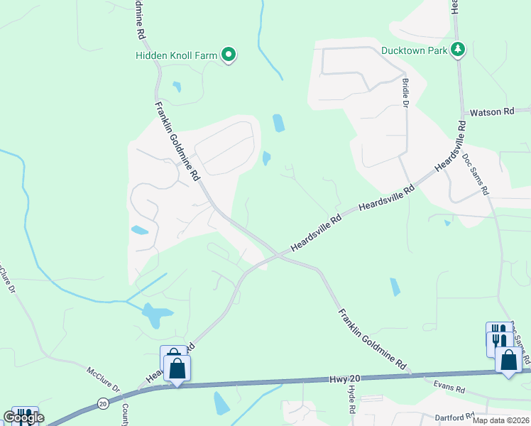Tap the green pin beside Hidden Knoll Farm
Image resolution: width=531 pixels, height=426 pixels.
[229, 54]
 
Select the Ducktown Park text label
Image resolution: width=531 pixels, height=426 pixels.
[415, 50]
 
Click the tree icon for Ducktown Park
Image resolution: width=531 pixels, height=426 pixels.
[459, 49]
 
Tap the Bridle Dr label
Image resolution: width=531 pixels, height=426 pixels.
[406, 93]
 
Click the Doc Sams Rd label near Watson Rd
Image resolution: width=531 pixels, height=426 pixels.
[476, 173]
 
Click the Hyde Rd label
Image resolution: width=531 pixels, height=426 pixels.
[351, 401]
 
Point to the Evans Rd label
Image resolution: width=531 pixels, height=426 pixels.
[450, 389]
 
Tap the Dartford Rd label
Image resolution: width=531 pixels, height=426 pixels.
[454, 417]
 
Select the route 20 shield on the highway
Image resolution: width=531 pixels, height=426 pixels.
[103, 403]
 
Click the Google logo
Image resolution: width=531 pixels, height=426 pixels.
[23, 417]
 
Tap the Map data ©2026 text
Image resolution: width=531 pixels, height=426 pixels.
[500, 420]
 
